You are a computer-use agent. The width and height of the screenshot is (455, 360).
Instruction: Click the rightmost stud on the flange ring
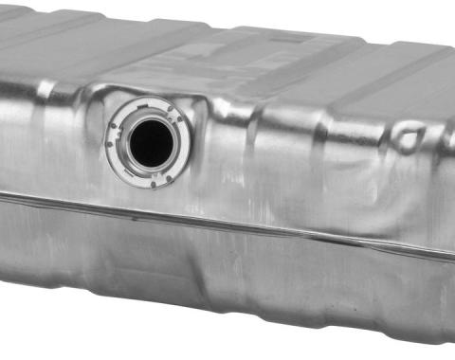[179, 118]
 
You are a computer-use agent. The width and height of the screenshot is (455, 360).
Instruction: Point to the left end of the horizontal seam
[3, 196]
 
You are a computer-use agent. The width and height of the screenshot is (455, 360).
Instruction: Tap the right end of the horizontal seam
[451, 258]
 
